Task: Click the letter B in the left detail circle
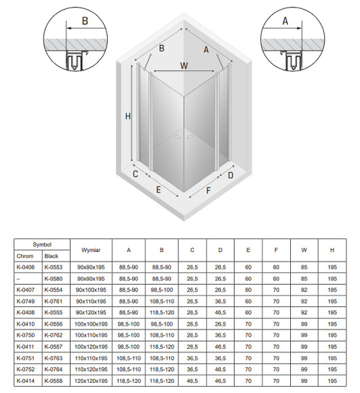click(x=84, y=21)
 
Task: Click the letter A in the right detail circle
click(x=285, y=21)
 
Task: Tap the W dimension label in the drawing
click(x=184, y=66)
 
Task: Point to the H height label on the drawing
click(x=127, y=116)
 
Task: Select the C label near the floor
click(x=136, y=174)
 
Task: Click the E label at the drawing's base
click(x=158, y=190)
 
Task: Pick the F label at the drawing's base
click(x=209, y=190)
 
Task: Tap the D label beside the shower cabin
click(x=231, y=175)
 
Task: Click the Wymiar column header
click(x=90, y=250)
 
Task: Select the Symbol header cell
click(x=42, y=244)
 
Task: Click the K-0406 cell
click(x=26, y=268)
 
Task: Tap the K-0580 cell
click(x=53, y=278)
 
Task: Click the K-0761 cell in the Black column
click(x=53, y=300)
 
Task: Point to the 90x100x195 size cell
click(x=90, y=289)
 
